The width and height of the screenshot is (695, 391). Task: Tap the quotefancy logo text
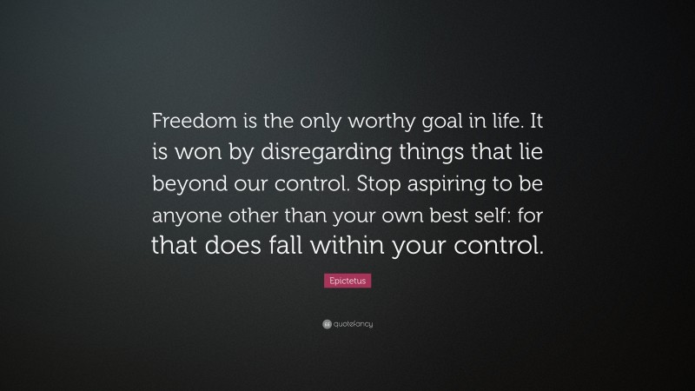[x=352, y=324]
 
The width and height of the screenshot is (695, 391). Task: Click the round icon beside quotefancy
[x=326, y=324]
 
